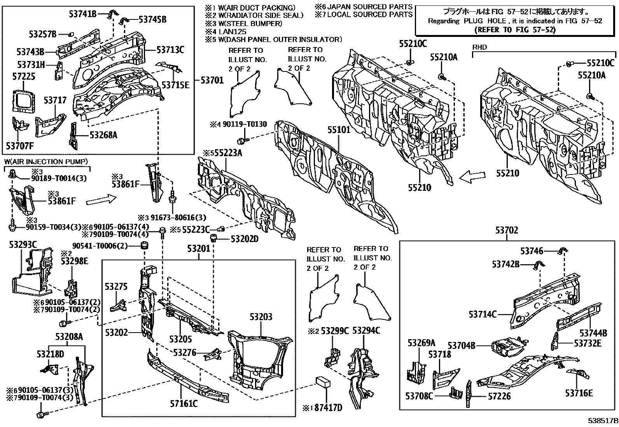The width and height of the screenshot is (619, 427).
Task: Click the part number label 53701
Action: (212, 80)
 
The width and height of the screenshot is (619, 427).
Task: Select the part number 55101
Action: (339, 129)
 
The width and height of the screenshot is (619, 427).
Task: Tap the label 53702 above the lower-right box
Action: (507, 230)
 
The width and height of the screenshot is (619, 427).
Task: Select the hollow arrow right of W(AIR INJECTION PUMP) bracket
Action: (101, 200)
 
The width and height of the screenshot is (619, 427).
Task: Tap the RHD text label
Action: (479, 47)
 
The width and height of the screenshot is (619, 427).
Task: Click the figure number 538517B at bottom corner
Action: (603, 420)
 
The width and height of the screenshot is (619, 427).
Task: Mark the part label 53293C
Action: (23, 244)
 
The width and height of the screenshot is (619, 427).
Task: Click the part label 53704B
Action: (462, 345)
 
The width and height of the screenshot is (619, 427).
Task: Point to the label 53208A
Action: (69, 336)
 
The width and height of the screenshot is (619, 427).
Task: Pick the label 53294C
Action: (366, 331)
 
